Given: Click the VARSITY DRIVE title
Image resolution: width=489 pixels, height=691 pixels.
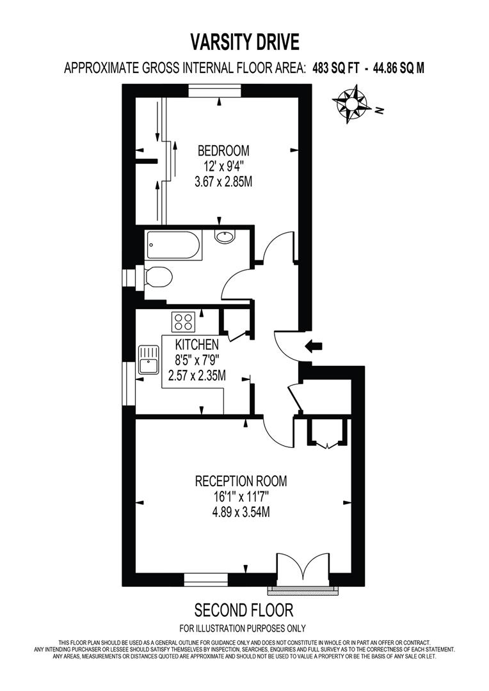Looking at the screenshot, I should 245,43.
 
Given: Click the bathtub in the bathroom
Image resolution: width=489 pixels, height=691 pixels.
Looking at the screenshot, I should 174,245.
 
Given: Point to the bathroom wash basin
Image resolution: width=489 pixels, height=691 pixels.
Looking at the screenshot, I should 225,237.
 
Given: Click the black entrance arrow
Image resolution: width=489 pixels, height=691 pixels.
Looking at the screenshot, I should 313,347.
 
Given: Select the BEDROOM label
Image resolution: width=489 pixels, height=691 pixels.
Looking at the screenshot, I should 223,151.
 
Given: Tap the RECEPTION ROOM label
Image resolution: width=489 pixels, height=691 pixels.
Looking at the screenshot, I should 241,481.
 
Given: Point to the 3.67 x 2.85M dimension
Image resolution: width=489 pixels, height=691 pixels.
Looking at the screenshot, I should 223,182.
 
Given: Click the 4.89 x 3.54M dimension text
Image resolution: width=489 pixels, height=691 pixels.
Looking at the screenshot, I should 241,512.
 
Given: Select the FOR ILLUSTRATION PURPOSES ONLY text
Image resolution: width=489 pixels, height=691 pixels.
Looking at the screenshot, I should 243,628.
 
